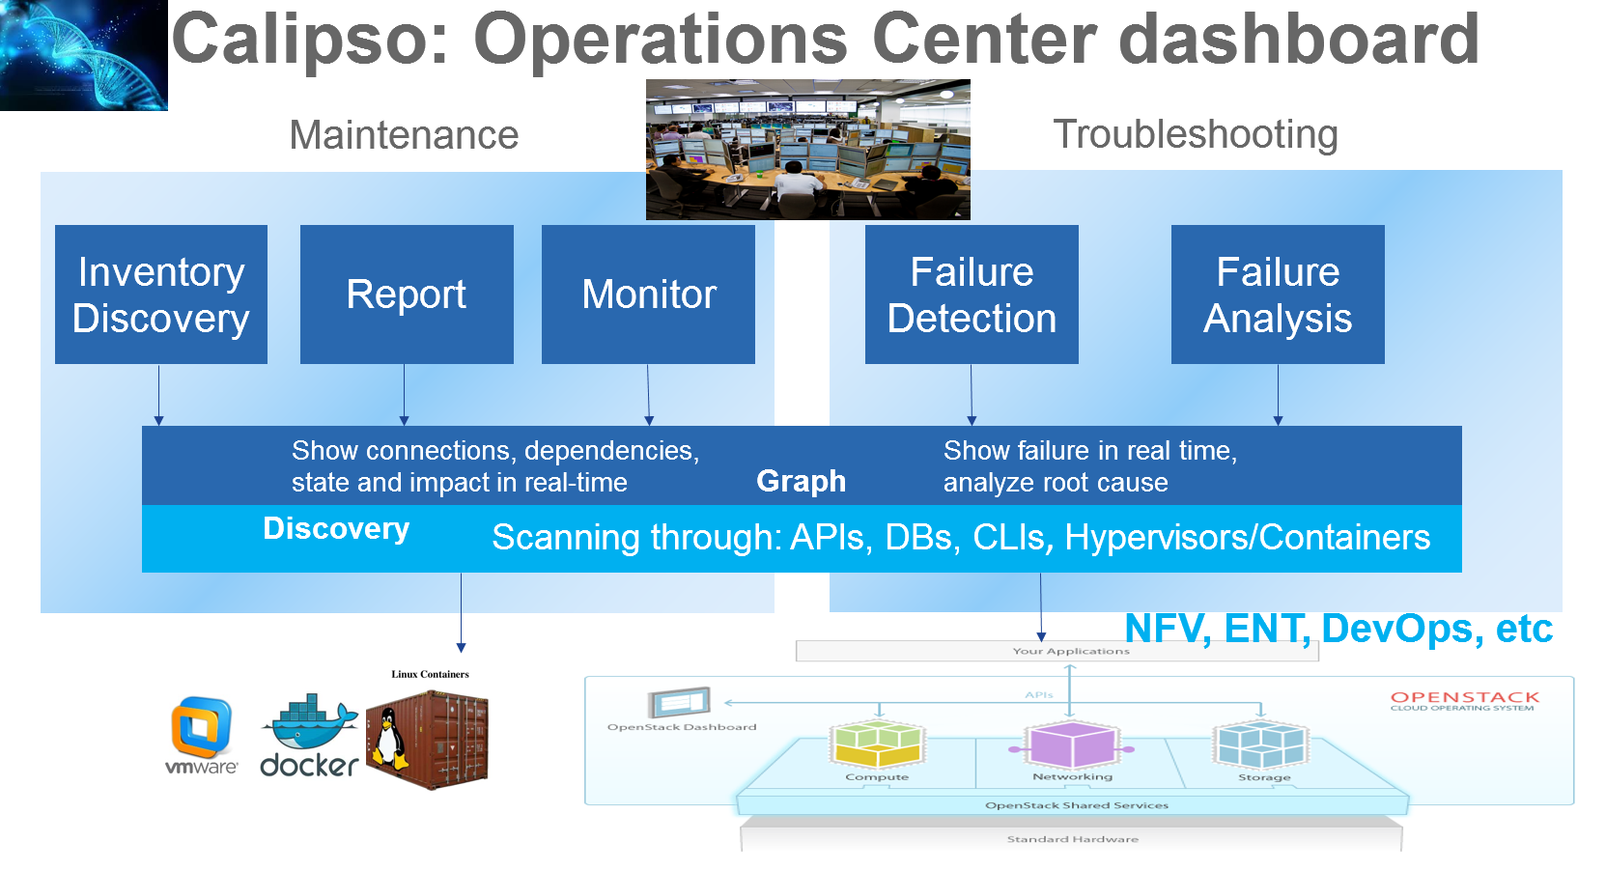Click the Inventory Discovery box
(161, 295)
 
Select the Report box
(407, 295)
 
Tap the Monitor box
(648, 295)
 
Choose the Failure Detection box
(972, 295)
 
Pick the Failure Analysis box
(1278, 295)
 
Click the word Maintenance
(404, 135)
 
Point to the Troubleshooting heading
(1195, 134)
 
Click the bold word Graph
(801, 481)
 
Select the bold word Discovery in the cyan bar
(336, 529)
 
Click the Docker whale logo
(310, 734)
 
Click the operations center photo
(807, 150)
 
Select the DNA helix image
(84, 55)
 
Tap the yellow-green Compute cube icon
(877, 744)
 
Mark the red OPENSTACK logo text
(1464, 697)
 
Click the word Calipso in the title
(310, 40)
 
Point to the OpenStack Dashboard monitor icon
(680, 702)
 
